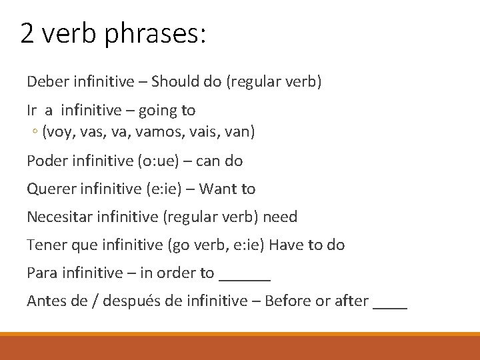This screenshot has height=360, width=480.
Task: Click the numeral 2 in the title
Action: point(27,33)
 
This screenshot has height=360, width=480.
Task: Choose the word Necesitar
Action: point(58,217)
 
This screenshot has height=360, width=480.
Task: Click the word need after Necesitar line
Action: point(281,217)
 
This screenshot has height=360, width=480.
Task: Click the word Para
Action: point(41,273)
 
